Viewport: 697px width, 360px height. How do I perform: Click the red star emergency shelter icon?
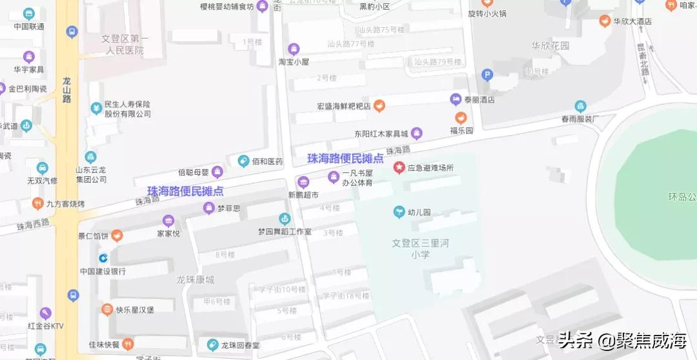click(399, 168)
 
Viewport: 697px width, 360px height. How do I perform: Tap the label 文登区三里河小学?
click(420, 249)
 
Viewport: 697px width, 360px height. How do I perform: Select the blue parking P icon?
click(488, 75)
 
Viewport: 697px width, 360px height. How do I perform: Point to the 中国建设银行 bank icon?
click(103, 258)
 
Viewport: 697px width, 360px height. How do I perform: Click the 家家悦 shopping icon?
click(168, 221)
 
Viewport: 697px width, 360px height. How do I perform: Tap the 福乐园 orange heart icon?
click(461, 118)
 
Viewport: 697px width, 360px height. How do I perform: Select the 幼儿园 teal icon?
click(399, 212)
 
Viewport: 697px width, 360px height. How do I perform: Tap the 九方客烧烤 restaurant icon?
click(38, 204)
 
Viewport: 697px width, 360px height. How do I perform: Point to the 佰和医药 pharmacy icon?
click(243, 161)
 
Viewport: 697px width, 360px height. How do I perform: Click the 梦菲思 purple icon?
click(209, 208)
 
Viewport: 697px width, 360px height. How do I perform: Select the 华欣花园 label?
click(551, 46)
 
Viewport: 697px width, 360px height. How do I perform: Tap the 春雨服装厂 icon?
click(580, 106)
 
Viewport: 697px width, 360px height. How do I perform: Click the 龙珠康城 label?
click(196, 279)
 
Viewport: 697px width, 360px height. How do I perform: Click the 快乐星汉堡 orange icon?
click(107, 309)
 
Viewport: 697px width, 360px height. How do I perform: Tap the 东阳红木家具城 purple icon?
click(417, 134)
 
